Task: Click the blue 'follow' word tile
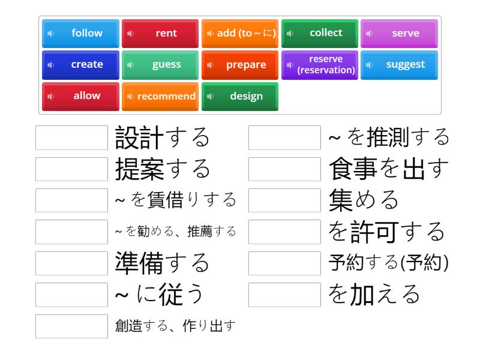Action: point(80,34)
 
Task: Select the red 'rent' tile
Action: point(160,34)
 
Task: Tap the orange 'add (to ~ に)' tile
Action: point(240,34)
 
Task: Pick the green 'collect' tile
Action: point(320,34)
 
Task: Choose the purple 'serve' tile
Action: point(399,34)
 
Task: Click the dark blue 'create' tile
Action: point(80,65)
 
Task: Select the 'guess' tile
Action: point(160,65)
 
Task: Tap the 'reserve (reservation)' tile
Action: point(320,65)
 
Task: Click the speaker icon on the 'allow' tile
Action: point(51,97)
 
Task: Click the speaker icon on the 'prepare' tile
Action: point(211,65)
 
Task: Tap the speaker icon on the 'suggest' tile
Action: point(370,65)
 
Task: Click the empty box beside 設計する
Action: point(71,137)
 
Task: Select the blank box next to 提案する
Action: point(71,169)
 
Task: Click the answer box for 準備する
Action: point(71,263)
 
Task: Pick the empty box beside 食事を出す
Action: point(284,169)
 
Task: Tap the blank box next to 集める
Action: point(284,200)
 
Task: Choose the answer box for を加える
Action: point(284,295)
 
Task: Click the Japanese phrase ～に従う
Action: point(159,294)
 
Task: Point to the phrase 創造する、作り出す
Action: point(175,326)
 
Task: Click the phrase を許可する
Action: point(386,232)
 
